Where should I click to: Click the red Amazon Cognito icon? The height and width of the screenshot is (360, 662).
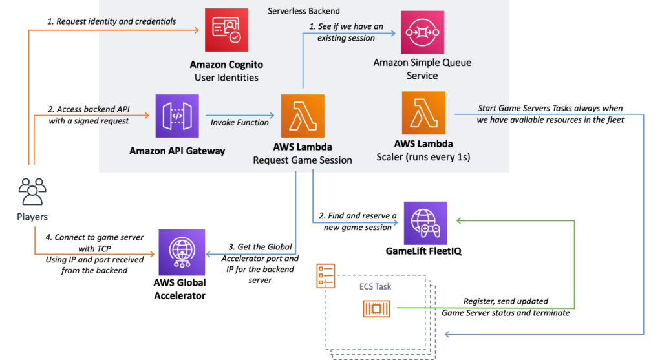tap(226, 30)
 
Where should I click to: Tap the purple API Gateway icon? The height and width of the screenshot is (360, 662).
tap(176, 116)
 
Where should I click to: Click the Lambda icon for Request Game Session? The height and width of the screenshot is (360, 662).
tap(302, 116)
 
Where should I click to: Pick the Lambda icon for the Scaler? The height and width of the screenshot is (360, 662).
tap(423, 113)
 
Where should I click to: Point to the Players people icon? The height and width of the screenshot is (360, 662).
tap(32, 192)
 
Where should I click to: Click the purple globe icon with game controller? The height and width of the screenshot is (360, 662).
tap(425, 223)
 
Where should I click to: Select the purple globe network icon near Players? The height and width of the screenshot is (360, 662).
tap(182, 252)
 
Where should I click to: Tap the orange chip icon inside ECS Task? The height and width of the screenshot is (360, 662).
tap(376, 310)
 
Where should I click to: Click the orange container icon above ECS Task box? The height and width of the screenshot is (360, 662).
tap(325, 275)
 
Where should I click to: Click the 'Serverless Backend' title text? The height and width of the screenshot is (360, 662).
tap(303, 12)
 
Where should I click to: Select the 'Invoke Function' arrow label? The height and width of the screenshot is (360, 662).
tap(239, 122)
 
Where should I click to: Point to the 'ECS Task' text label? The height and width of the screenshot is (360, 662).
tap(375, 286)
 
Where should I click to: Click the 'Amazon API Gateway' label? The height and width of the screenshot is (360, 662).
tap(177, 151)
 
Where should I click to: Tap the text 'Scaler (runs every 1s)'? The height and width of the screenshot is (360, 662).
tap(423, 157)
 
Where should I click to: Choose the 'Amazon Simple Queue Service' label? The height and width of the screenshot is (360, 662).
tap(422, 69)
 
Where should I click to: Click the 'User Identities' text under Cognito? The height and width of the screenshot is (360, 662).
tap(226, 78)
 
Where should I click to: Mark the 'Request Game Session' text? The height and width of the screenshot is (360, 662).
tap(302, 160)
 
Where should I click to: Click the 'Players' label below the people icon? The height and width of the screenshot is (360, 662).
tap(32, 217)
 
